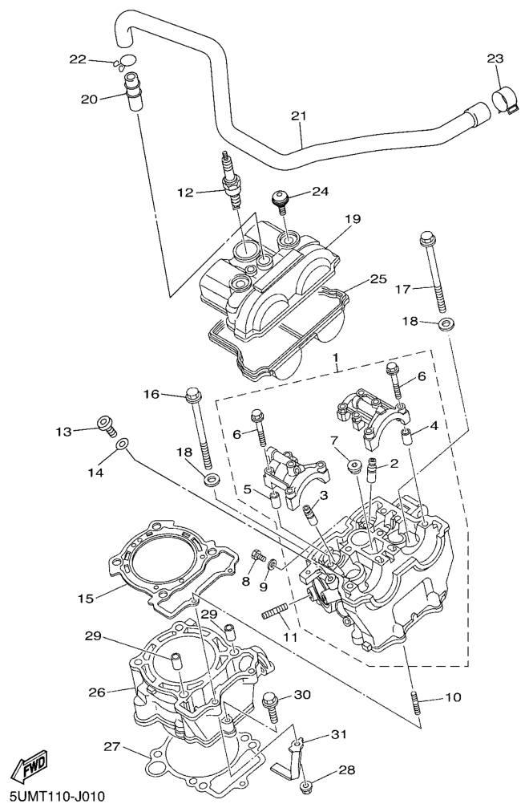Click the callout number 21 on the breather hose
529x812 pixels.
pyautogui.click(x=298, y=117)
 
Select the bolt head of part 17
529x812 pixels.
pyautogui.click(x=426, y=238)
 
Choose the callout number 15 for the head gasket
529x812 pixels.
pyautogui.click(x=87, y=598)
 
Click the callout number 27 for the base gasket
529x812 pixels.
pyautogui.click(x=111, y=747)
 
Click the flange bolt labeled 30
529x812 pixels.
pyautogui.click(x=271, y=704)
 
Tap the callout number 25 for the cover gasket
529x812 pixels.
pyautogui.click(x=378, y=279)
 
